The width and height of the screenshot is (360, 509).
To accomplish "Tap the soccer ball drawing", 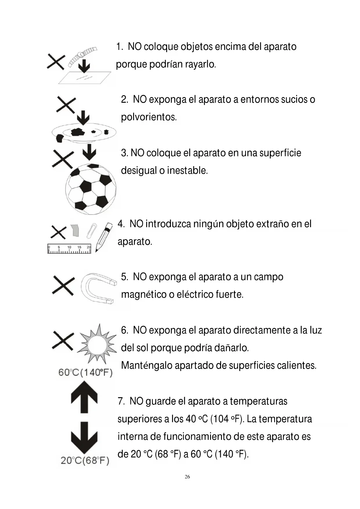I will pos(91,189).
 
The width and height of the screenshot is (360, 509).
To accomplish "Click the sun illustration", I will pos(97,345).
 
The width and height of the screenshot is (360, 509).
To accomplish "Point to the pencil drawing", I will pos(104,237).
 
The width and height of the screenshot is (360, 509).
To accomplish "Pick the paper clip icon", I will pos(92,231).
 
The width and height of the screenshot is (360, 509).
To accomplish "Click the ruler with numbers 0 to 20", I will pos(69,249).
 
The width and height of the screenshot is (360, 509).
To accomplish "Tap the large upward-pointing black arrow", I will pos(84,397).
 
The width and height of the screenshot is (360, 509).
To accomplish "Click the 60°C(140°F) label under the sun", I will pos(85,372).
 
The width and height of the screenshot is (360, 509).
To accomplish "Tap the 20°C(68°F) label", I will pos(85,460).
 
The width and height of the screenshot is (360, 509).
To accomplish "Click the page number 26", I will pos(187,476).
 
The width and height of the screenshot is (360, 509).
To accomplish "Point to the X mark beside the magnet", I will pos(63,286).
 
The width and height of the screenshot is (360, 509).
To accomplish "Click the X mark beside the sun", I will pos(63,341).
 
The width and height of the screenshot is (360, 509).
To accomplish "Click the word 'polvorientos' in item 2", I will pos(149,117).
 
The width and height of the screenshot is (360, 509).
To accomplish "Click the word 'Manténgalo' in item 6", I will pos(146,365).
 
